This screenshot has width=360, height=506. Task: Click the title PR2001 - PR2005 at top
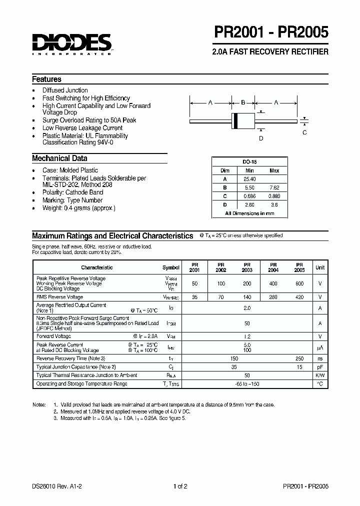pos(271,33)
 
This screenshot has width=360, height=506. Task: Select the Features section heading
pos(46,79)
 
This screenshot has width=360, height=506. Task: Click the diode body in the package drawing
pos(243,120)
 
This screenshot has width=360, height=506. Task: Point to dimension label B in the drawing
pos(243,102)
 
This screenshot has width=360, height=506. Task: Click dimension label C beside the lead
pos(304,132)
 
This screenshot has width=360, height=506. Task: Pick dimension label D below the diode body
pos(260,138)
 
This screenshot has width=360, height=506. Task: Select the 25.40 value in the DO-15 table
pos(249,178)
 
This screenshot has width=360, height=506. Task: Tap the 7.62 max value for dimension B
pos(274,187)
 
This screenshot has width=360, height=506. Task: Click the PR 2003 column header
pos(247,267)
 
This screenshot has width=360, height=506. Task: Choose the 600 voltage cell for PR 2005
pos(299,283)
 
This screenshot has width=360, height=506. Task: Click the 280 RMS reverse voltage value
pos(273,297)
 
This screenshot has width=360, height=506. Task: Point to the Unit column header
pos(320,267)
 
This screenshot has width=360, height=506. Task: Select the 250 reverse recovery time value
pos(299,358)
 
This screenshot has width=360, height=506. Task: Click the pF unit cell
pos(320,366)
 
